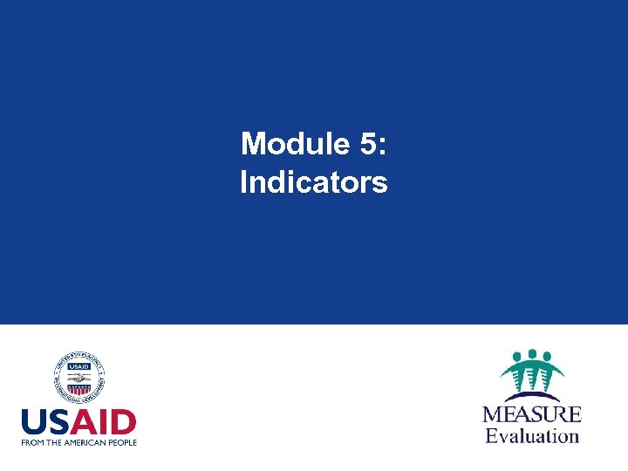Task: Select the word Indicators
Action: (x=314, y=183)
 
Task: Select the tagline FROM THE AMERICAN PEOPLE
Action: (x=79, y=442)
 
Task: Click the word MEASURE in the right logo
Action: (x=532, y=413)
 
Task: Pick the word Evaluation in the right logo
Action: (x=532, y=434)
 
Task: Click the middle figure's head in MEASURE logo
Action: (x=532, y=355)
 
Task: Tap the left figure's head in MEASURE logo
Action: (x=516, y=357)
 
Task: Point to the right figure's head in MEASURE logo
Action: (x=548, y=357)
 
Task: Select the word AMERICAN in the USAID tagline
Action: (x=88, y=442)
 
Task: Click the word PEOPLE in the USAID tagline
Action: (x=122, y=442)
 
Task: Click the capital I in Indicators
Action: (x=243, y=183)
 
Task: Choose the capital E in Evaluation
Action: (x=491, y=434)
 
